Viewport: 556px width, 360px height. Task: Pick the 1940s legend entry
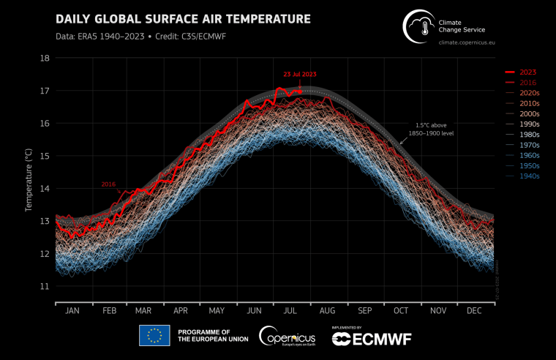pyautogui.click(x=529, y=176)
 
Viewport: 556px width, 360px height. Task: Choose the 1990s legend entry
pyautogui.click(x=529, y=124)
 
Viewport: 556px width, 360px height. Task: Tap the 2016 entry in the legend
pyautogui.click(x=527, y=83)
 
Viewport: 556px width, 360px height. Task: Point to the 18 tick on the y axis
pyautogui.click(x=45, y=58)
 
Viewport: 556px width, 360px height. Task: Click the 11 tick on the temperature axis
pyautogui.click(x=45, y=286)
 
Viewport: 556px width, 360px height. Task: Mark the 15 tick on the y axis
pyautogui.click(x=45, y=156)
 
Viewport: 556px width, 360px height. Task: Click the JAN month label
pyautogui.click(x=72, y=311)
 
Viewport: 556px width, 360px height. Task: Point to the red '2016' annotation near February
pyautogui.click(x=108, y=184)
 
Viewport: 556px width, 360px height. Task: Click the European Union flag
pyautogui.click(x=154, y=336)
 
